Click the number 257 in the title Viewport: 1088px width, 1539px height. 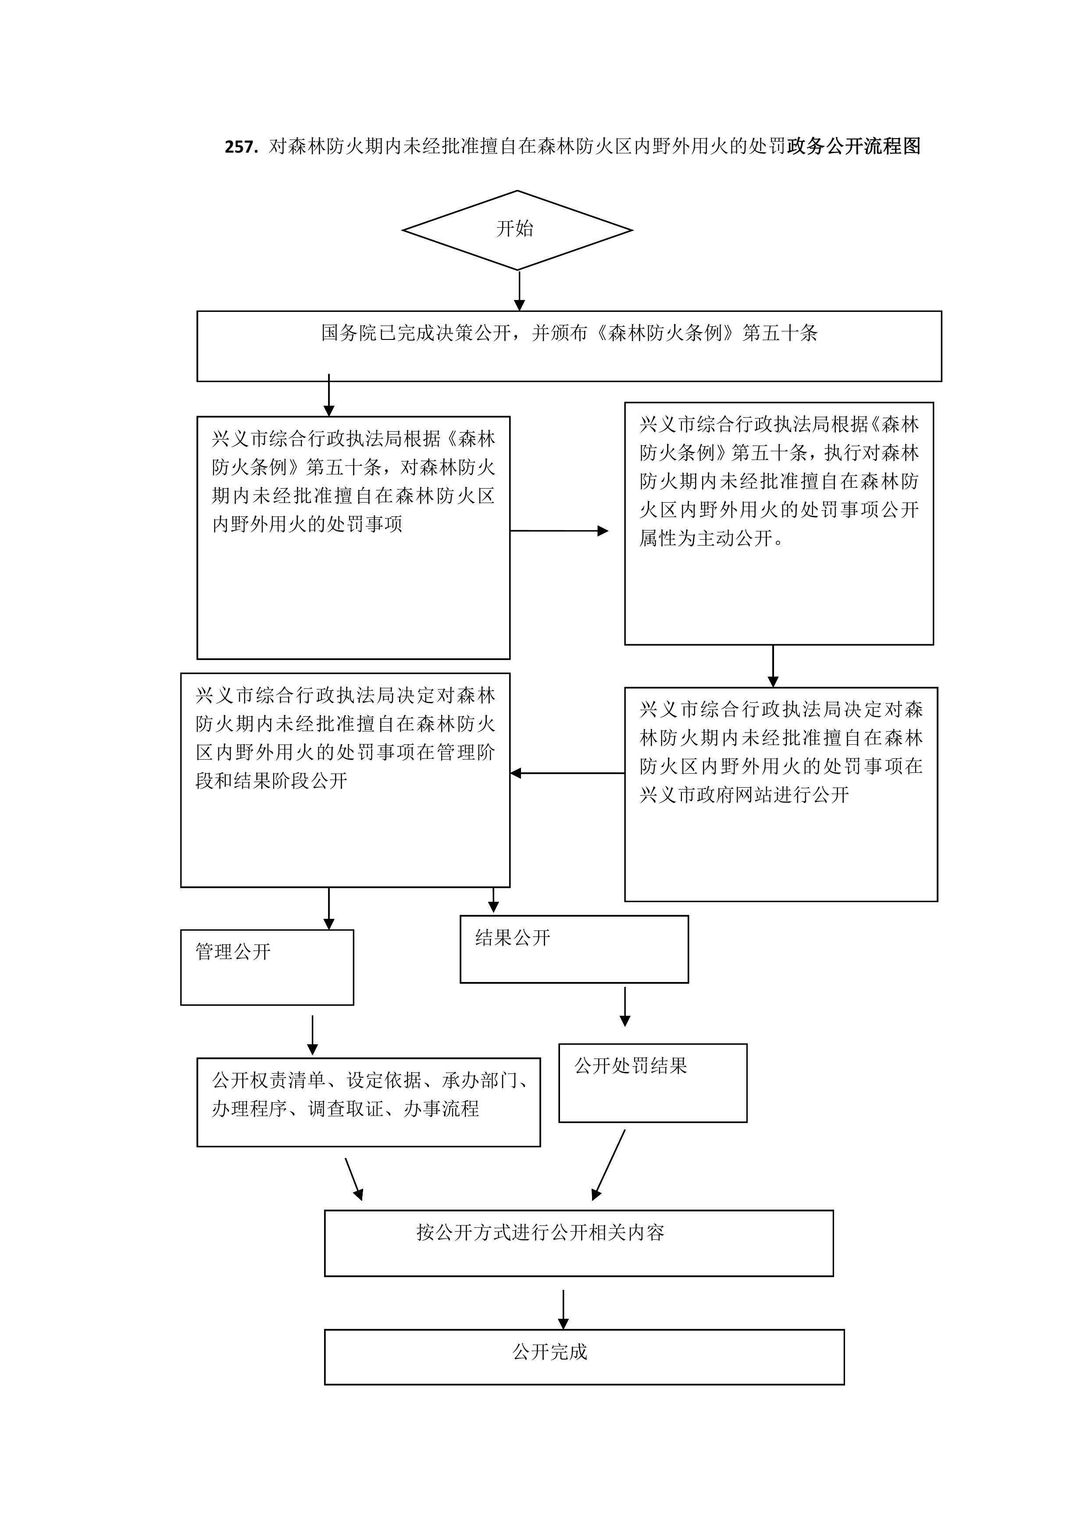(x=241, y=147)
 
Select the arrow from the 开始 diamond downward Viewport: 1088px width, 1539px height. (x=520, y=291)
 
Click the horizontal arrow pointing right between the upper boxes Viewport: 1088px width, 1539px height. (x=559, y=531)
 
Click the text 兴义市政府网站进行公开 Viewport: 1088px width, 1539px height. (x=744, y=795)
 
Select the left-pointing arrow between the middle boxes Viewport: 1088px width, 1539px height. (x=567, y=774)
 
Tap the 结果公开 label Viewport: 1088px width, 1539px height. (x=513, y=938)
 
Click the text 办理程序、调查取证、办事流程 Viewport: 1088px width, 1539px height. (x=346, y=1109)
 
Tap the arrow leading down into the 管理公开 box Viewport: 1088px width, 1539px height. (x=328, y=909)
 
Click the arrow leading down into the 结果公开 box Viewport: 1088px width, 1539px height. (x=493, y=901)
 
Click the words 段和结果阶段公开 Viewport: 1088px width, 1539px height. (x=271, y=781)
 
